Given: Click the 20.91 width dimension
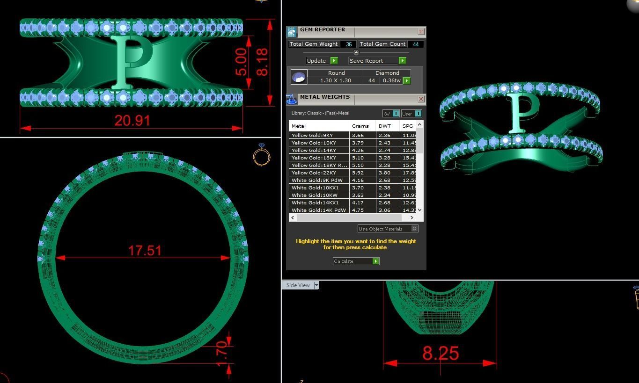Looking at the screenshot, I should click(x=132, y=121).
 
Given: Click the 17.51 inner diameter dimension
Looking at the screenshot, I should click(x=145, y=251).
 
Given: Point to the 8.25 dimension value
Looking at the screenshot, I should click(x=440, y=353).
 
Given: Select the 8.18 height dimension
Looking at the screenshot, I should click(x=262, y=62).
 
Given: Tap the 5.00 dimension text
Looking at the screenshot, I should click(x=241, y=62).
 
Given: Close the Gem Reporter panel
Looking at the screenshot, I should click(x=421, y=32).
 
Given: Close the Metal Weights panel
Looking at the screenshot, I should click(x=421, y=99).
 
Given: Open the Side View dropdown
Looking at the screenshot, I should click(x=316, y=285).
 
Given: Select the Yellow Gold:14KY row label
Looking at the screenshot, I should click(x=314, y=151).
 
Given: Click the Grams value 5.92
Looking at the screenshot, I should click(x=358, y=173).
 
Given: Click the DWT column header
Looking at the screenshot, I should click(x=385, y=126).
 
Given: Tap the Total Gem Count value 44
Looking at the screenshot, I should click(x=416, y=44).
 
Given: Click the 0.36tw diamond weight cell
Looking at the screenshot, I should click(x=391, y=81).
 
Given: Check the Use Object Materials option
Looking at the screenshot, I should click(x=414, y=229).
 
